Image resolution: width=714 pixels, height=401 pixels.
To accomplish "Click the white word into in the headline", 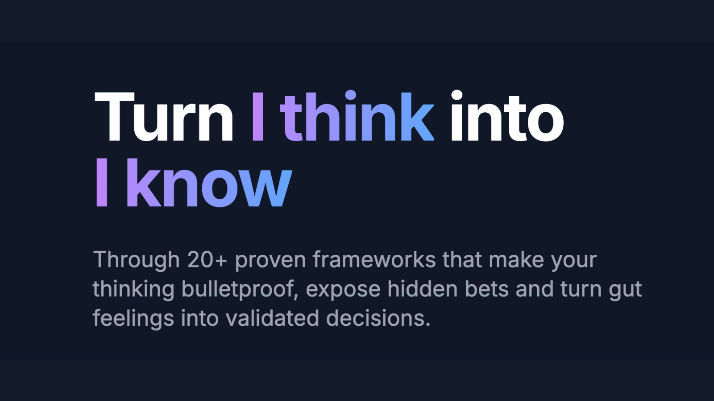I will pyautogui.click(x=506, y=118).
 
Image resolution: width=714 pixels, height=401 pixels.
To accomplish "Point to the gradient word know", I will pyautogui.click(x=209, y=184).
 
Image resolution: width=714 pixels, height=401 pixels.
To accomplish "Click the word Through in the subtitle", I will pyautogui.click(x=136, y=260).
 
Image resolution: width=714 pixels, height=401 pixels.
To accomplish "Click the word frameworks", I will pyautogui.click(x=374, y=260).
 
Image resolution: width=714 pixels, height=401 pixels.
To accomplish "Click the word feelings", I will pyautogui.click(x=133, y=319).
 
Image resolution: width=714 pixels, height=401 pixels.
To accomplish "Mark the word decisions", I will pyautogui.click(x=378, y=318).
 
